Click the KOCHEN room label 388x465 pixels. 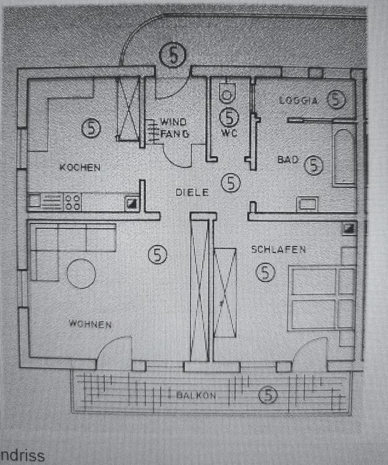coord(80,167)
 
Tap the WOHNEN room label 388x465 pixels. coord(90,324)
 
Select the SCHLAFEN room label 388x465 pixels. coord(278,249)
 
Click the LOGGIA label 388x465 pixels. coord(298,100)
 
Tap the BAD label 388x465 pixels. coord(288,160)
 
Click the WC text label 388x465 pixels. coord(229,133)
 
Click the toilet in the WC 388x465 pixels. coord(228,93)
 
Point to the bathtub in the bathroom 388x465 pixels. coord(343,154)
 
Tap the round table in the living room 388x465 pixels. coord(82,273)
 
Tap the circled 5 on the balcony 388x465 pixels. coord(267,394)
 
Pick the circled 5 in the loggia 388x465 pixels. coord(336,99)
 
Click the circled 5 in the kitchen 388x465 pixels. coord(91,128)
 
